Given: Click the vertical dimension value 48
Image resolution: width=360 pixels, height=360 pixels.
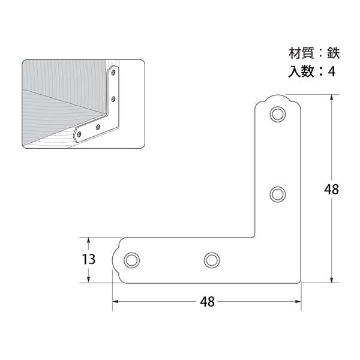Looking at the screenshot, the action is pyautogui.click(x=331, y=190).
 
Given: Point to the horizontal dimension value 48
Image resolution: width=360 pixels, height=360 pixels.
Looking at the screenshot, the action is pyautogui.click(x=208, y=302).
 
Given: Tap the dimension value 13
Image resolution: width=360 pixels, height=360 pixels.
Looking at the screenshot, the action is pyautogui.click(x=89, y=259).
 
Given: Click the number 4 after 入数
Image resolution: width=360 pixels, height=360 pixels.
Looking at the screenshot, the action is pyautogui.click(x=331, y=71).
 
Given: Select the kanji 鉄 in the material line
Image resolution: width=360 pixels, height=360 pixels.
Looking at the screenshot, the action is pyautogui.click(x=334, y=53).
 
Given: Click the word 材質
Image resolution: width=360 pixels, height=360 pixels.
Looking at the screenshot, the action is pyautogui.click(x=301, y=53).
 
